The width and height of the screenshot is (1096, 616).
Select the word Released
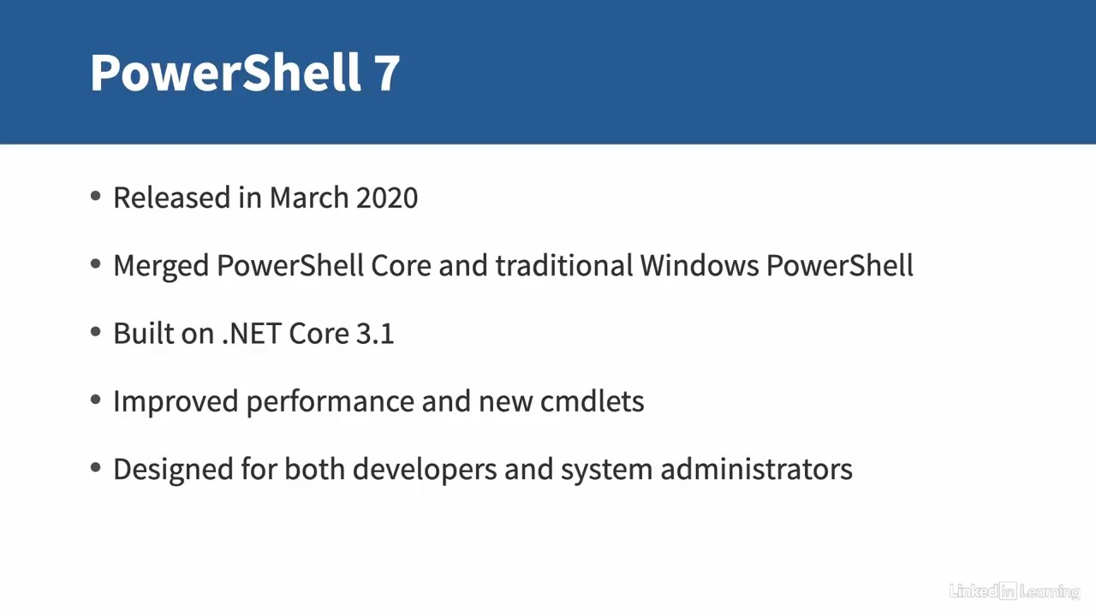point(172,198)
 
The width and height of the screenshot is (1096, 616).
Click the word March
point(309,198)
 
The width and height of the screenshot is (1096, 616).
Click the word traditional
point(564,265)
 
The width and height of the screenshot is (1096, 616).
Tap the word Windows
point(700,265)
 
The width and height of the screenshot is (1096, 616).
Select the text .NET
point(252,334)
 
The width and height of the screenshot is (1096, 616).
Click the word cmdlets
point(592,401)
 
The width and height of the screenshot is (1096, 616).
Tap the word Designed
point(173,471)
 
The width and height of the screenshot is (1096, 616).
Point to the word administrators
point(756,470)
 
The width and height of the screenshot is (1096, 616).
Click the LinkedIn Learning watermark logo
point(1015,591)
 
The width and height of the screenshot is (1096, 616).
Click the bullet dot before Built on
point(95,332)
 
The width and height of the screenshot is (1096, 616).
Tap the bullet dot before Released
point(95,196)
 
